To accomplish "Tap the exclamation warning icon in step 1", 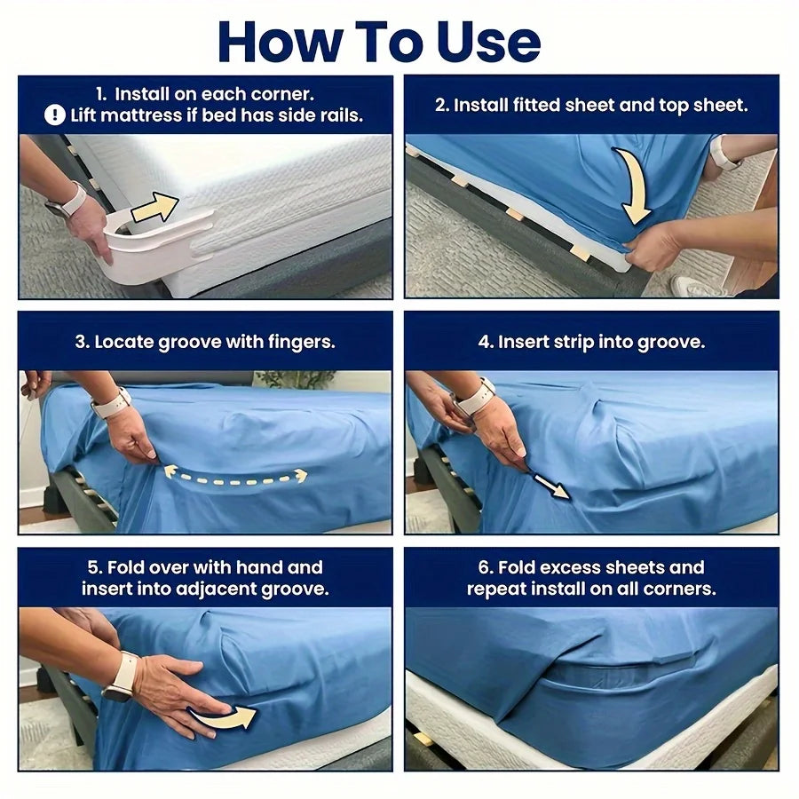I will (x=56, y=115).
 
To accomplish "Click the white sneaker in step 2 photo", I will (x=692, y=286).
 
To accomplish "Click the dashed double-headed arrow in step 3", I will (x=234, y=477).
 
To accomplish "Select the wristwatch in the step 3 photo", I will (x=111, y=403).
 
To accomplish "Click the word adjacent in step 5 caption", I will (x=223, y=589).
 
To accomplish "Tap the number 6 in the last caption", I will (x=487, y=567).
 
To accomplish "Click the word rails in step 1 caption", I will (x=339, y=115).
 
